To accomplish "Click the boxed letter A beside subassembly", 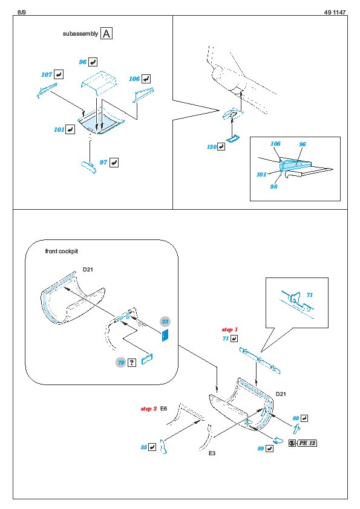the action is tap(106, 33).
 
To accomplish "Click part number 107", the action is tap(47, 75).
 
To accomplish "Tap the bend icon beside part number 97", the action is tap(114, 162).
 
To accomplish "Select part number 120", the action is tap(212, 147).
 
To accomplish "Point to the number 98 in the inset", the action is tap(273, 186).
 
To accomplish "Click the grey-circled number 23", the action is tap(165, 322).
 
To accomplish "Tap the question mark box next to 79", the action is tap(131, 362).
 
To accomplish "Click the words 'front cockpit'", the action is tap(61, 251).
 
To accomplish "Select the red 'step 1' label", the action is tap(230, 329).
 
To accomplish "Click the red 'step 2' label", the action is tap(149, 409).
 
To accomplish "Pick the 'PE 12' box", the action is tap(307, 443).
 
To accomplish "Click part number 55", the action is tap(144, 447).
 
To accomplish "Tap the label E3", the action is tap(212, 453).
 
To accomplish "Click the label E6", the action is tap(163, 409).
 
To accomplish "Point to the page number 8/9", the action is tap(21, 12).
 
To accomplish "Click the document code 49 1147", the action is tap(335, 12).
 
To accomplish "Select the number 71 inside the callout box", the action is tap(310, 295).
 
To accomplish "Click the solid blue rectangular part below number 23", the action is tap(165, 335).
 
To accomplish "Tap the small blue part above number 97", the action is tap(88, 166).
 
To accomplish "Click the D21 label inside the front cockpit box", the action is tap(88, 270).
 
